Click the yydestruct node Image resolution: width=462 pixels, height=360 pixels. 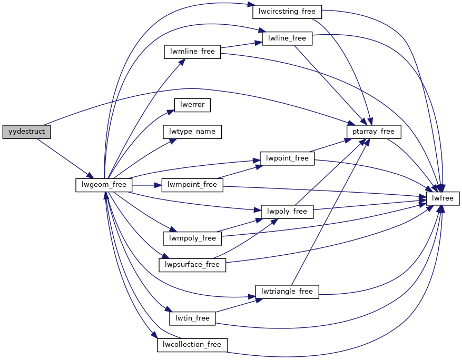coord(26,132)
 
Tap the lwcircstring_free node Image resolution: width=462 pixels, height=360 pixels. coord(287,11)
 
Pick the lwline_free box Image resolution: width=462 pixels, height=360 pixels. coord(287,38)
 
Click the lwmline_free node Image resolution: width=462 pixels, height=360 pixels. coord(192,52)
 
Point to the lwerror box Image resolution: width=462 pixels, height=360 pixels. coord(192,105)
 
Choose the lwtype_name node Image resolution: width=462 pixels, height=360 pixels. coord(192,131)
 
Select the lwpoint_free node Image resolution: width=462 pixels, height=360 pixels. coord(287,158)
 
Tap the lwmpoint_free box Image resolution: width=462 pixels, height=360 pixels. coord(192,184)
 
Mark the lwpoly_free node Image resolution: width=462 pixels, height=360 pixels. coord(287,212)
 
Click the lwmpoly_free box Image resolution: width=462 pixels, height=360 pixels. coord(192,238)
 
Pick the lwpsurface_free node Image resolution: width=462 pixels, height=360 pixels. coord(192,264)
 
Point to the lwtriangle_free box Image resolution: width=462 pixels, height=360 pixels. coord(287,291)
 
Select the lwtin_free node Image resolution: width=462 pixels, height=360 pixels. coord(192,318)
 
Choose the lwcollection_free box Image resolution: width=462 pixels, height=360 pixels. coord(192,345)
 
